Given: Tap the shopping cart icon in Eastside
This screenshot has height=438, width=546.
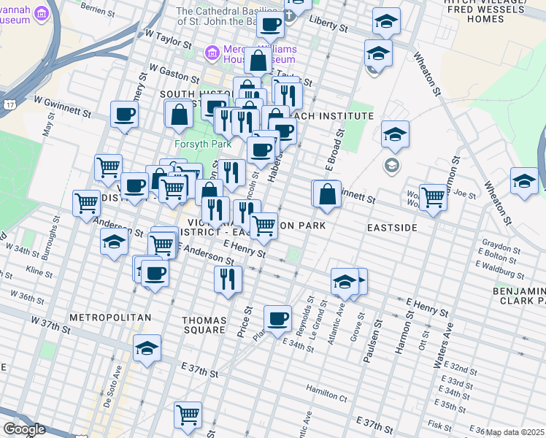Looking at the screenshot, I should tap(433, 196).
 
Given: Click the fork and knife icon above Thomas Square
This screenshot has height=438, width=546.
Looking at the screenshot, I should tap(228, 278).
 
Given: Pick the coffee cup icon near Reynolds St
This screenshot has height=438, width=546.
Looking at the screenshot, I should tap(277, 318).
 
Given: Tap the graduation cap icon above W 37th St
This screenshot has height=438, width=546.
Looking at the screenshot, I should tap(147, 347).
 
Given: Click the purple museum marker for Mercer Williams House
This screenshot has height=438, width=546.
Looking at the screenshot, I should tap(213, 52).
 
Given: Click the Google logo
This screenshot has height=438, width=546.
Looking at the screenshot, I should tap(24, 429).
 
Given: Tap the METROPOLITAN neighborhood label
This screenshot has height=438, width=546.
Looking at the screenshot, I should tap(110, 318).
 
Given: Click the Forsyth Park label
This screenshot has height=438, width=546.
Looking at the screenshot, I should tap(197, 144).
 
